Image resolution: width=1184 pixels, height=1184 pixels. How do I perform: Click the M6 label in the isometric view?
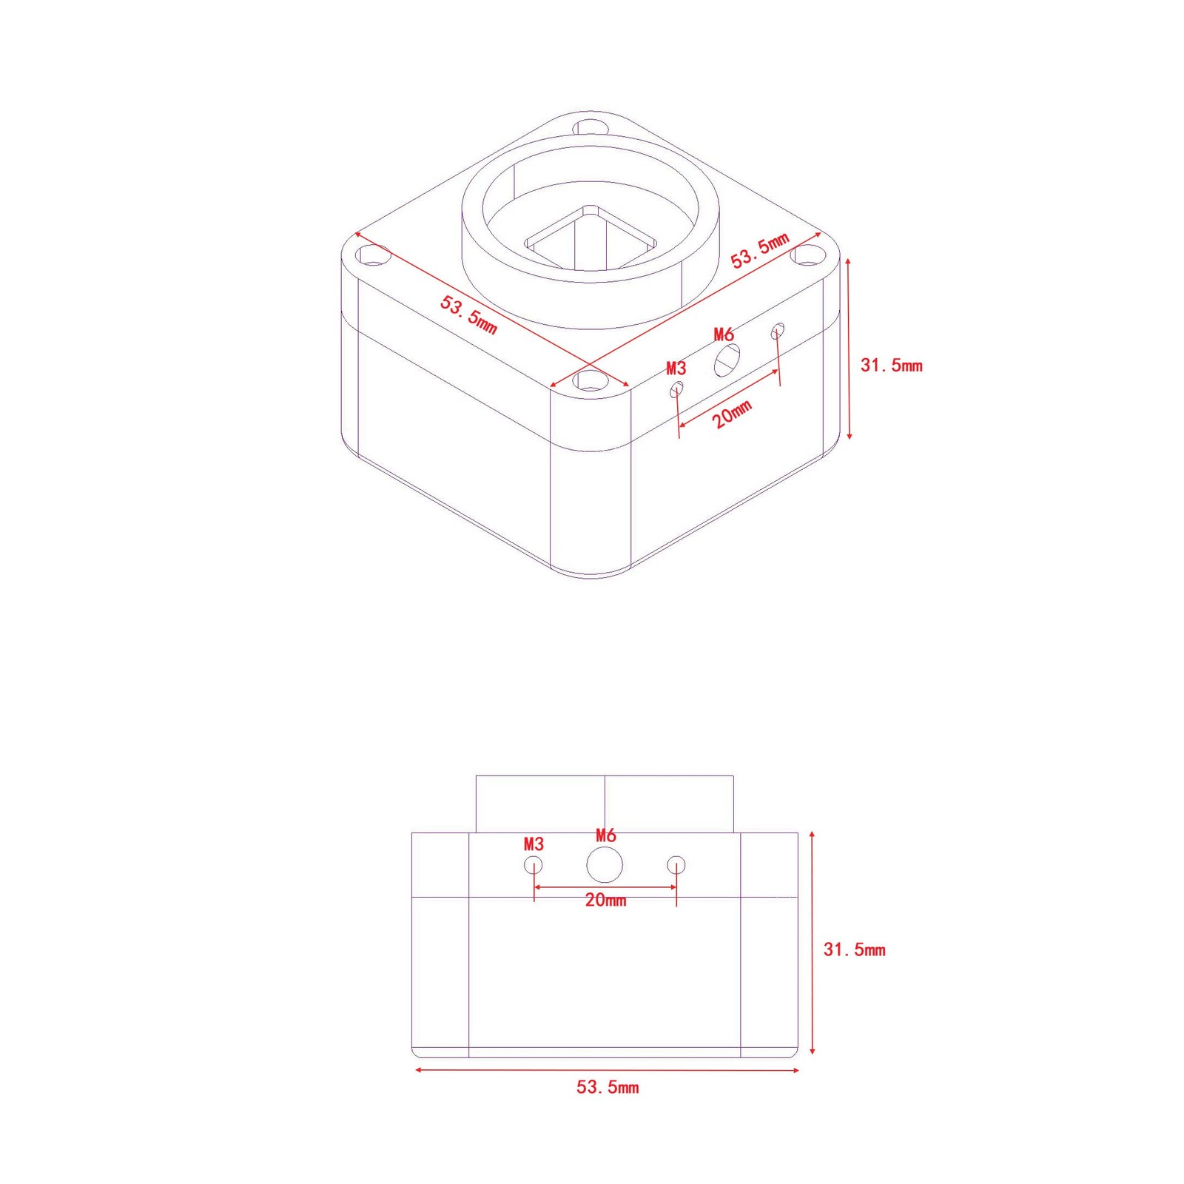click(723, 334)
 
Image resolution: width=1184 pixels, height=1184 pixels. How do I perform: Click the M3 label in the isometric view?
click(676, 368)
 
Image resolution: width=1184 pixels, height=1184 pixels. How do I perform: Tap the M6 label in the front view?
click(605, 835)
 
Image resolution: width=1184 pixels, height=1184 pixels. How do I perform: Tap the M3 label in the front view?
click(534, 844)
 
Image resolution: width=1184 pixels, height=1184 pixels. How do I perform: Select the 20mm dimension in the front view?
click(605, 901)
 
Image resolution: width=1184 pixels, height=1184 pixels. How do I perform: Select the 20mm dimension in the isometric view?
click(732, 414)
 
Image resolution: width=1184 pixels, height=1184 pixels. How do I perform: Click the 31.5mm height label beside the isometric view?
click(891, 365)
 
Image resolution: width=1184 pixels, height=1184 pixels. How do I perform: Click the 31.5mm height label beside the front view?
click(854, 949)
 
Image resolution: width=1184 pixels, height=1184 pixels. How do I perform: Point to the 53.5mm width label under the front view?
click(608, 1087)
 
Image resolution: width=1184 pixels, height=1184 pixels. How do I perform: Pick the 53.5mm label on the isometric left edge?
click(468, 314)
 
